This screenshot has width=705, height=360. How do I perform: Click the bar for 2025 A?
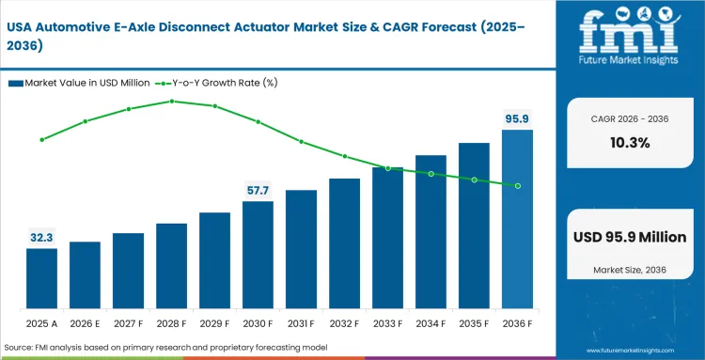41,279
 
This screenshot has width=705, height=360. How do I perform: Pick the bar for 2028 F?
171,267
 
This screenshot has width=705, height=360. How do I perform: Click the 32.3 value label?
41,238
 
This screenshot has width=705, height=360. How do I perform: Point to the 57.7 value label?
258,191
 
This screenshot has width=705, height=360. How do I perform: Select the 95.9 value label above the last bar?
517,118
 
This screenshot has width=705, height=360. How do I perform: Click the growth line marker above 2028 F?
171,101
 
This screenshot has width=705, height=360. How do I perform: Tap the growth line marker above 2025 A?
41,139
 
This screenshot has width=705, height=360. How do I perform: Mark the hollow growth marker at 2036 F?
517,185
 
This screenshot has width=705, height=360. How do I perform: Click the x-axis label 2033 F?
387,323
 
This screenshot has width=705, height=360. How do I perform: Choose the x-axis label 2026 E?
85,323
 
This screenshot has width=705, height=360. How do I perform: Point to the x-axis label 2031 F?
301,323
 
